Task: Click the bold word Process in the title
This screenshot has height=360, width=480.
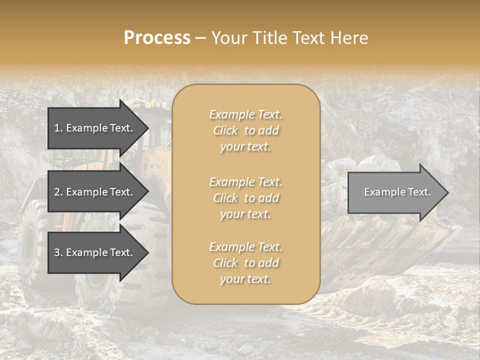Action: pos(157,38)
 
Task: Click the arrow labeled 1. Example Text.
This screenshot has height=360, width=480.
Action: pos(95,128)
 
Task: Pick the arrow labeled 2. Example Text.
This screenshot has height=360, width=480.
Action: pos(95,192)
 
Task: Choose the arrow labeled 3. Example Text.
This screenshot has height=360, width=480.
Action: pos(95,252)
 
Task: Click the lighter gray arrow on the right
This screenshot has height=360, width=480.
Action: pos(395,192)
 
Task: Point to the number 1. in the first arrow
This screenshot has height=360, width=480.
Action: pos(58,128)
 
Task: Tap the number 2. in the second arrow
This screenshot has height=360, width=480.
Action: pos(58,192)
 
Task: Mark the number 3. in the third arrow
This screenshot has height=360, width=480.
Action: pos(58,252)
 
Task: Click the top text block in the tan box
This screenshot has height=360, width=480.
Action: pos(245,130)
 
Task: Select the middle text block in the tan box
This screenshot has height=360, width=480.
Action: pos(245,198)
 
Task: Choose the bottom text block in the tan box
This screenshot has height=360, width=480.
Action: pos(245,263)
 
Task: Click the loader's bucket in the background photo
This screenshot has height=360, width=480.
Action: pos(395,250)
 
